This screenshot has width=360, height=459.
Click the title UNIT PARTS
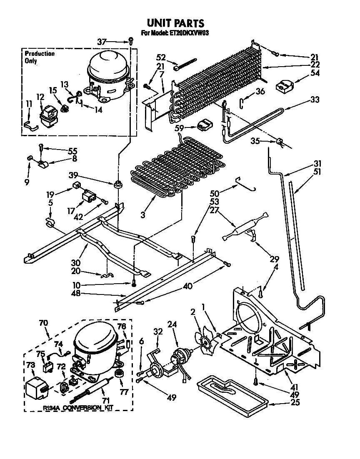tap(175, 23)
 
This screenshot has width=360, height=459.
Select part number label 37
tap(102, 41)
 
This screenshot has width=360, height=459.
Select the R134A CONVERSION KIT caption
tap(78, 409)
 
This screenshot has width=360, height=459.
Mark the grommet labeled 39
tap(118, 185)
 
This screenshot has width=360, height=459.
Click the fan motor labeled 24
tap(181, 358)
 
